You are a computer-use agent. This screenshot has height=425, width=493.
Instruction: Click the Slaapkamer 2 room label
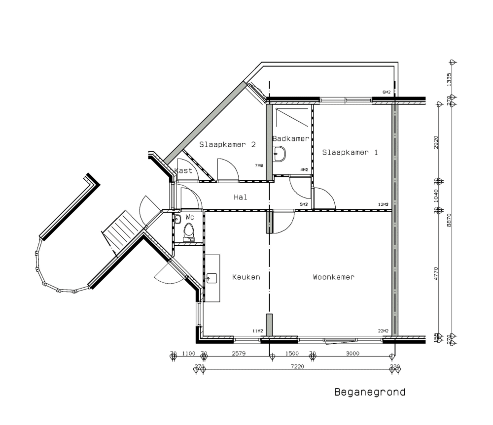click(227, 144)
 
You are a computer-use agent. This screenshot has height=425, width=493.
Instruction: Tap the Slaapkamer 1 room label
click(350, 152)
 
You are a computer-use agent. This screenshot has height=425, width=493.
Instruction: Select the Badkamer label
click(291, 139)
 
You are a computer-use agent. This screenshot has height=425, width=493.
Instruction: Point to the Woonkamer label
click(334, 277)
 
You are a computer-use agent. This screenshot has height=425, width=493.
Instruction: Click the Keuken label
click(246, 277)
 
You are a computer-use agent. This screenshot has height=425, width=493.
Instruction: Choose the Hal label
click(241, 197)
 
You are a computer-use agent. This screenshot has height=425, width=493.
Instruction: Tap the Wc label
click(190, 217)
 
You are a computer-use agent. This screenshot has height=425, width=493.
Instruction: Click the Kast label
click(183, 170)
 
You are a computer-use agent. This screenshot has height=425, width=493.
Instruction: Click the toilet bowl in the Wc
click(188, 230)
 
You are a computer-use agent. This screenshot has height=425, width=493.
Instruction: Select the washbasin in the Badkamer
click(280, 153)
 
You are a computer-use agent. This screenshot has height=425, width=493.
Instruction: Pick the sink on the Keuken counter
click(212, 279)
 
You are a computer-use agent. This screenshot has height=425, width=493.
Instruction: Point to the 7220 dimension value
click(297, 366)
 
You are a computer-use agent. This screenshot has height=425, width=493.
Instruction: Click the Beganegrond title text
click(370, 392)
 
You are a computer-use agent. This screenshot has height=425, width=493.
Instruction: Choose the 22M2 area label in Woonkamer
click(383, 331)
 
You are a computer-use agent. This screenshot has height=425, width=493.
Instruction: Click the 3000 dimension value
click(352, 353)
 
